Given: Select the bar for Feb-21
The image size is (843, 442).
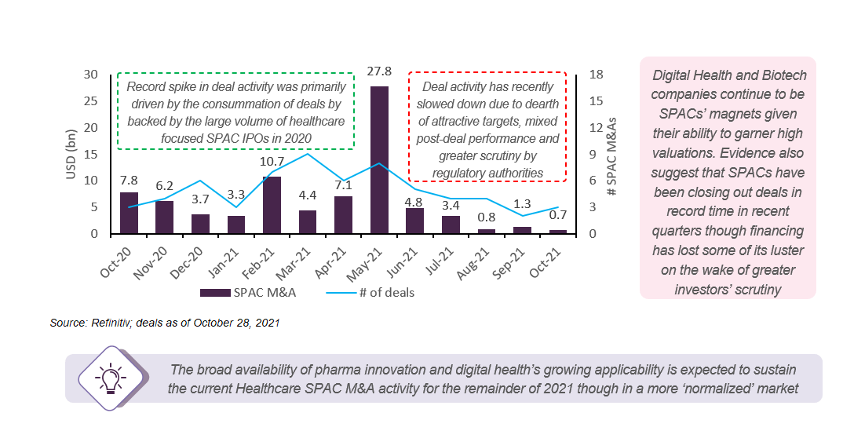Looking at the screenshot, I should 272,205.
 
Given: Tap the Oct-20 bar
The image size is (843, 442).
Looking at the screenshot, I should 129,213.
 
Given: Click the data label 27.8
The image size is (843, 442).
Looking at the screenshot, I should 379,75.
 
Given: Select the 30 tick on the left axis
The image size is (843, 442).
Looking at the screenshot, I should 91,75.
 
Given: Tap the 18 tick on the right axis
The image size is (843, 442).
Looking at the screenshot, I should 596,75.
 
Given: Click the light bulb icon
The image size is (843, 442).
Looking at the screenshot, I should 109,378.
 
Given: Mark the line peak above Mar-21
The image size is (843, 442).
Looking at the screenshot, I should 308,154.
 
